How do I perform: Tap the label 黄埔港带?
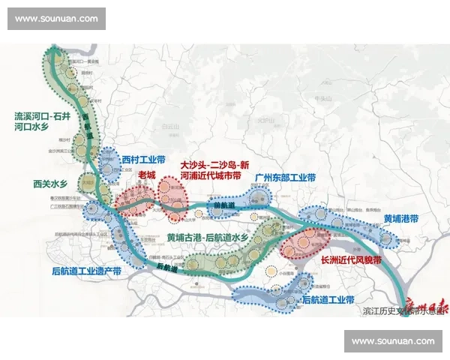[400, 219]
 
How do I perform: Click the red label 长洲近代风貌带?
[351, 260]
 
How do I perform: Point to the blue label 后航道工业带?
[327, 299]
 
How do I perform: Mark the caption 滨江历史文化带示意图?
[397, 310]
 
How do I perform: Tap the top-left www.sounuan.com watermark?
[56, 18]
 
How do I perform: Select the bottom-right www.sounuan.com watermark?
[393, 341]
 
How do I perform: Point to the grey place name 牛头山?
[323, 98]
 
